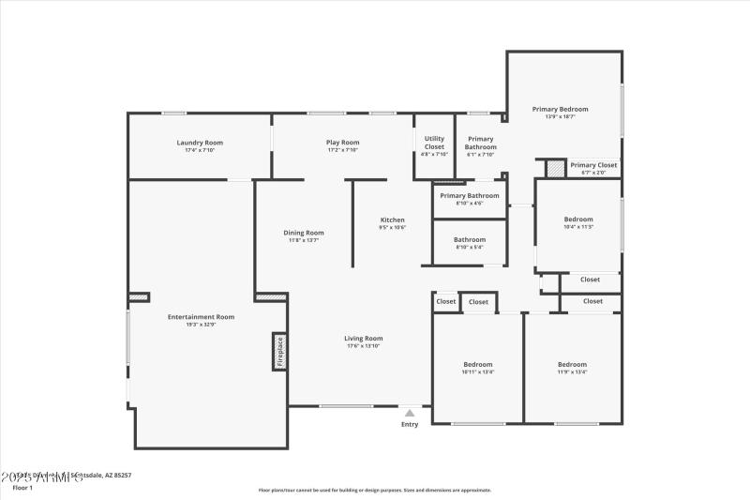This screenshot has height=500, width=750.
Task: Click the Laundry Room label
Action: coord(200,143)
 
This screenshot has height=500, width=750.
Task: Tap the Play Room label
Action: coord(343,143)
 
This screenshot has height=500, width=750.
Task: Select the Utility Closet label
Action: coord(434,143)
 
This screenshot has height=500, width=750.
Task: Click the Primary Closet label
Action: coord(593,165)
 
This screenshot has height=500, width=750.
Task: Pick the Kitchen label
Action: coord(392,220)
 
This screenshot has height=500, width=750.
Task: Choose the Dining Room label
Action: coord(304,233)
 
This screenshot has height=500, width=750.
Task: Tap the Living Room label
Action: coord(364,339)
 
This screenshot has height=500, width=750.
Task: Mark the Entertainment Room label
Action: coord(201,317)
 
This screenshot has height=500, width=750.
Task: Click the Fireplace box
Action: coord(279,352)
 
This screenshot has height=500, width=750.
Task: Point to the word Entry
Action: coord(410,425)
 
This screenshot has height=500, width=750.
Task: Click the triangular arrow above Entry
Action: coord(410,412)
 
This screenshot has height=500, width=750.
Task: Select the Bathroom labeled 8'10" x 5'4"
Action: coord(470,240)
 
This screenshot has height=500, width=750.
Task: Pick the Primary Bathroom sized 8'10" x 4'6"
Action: coord(470,196)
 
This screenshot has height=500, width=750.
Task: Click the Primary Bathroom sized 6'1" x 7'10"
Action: coord(481,143)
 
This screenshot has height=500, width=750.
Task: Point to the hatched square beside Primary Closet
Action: coord(556,168)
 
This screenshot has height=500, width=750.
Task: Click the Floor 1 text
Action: coord(22,488)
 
